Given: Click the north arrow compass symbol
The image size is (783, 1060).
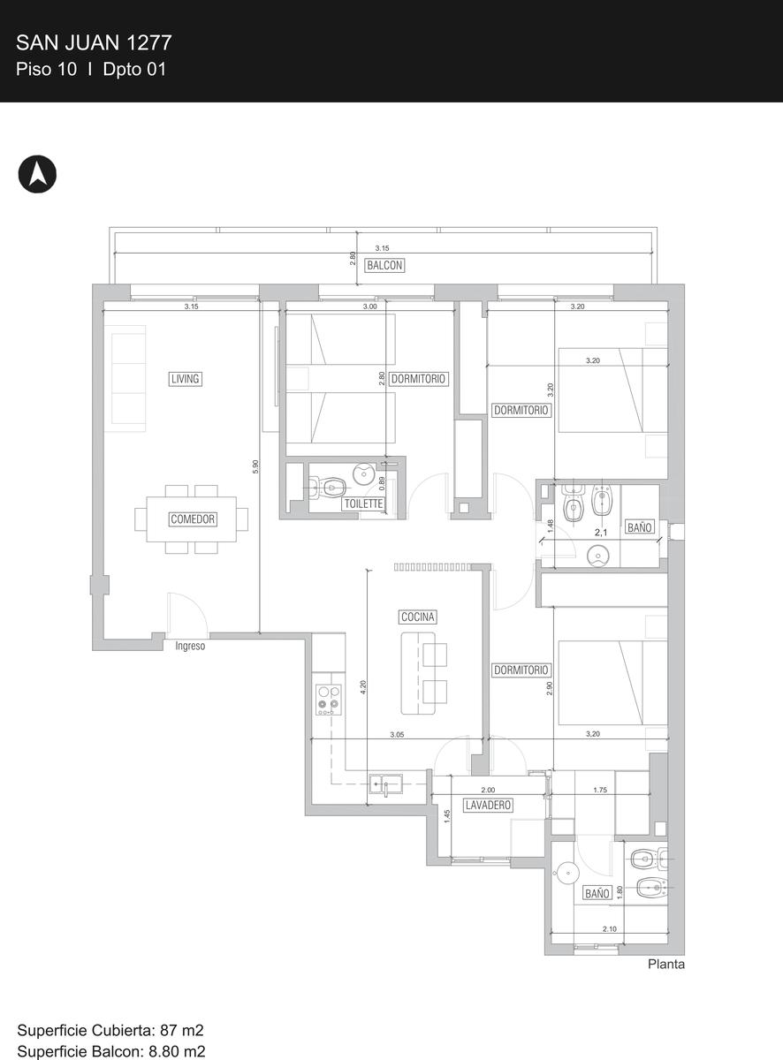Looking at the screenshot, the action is (37, 174).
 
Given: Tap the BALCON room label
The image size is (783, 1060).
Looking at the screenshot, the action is (384, 265).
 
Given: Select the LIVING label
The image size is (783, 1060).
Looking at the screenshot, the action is (185, 378).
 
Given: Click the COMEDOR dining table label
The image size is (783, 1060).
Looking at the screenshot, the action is (193, 519).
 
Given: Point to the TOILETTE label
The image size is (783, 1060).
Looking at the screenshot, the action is (363, 503).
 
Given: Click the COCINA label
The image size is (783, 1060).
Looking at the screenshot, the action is (417, 617).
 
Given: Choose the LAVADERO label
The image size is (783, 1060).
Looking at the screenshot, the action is (488, 805).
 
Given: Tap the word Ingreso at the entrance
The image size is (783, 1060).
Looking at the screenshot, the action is (190, 646).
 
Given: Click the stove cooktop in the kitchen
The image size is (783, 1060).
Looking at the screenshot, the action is (329, 700).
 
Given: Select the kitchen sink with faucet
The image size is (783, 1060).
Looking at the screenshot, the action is (385, 784).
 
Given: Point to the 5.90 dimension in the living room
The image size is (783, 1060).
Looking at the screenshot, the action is (255, 466).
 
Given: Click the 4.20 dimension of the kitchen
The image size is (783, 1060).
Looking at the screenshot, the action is (363, 687).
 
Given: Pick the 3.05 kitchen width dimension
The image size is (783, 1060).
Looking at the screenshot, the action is (397, 735).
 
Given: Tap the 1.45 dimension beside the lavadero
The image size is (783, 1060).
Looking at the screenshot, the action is (447, 816).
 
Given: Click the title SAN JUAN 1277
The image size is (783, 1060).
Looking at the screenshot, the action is (94, 43).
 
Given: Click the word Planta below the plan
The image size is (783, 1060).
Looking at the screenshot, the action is (665, 964).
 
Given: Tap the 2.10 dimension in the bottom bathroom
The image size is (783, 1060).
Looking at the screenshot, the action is (610, 929).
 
